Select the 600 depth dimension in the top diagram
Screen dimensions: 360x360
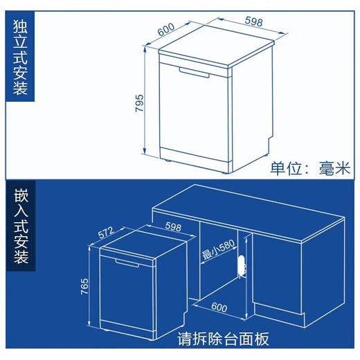point(165,32)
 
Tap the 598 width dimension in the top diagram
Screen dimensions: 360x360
point(254,22)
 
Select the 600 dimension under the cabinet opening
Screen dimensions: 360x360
point(218,307)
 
